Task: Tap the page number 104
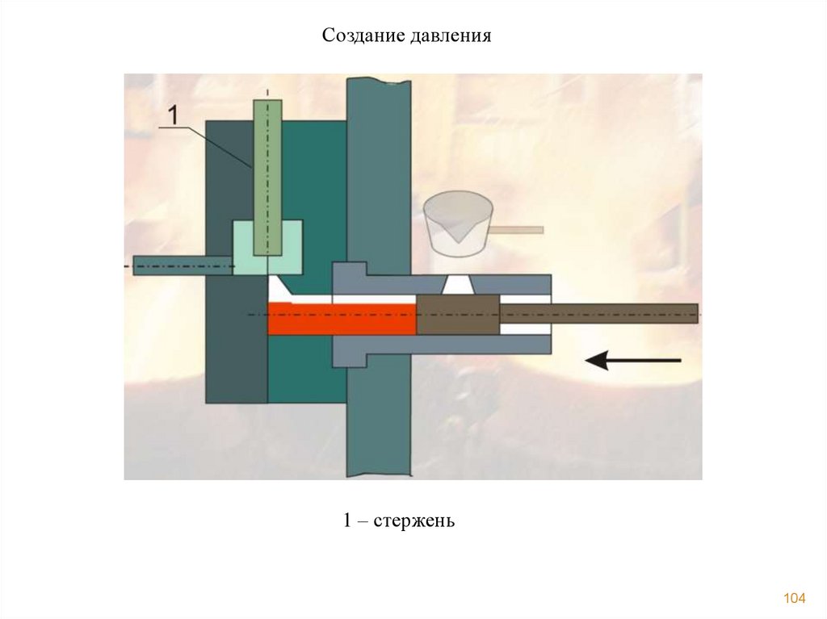tap(795, 598)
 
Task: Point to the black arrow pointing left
tap(633, 360)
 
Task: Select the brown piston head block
tap(458, 314)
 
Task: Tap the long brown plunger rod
tap(598, 313)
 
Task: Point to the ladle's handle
tap(517, 230)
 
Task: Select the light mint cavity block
tap(243, 246)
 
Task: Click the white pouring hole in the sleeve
tap(459, 285)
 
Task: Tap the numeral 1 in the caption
tap(346, 521)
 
